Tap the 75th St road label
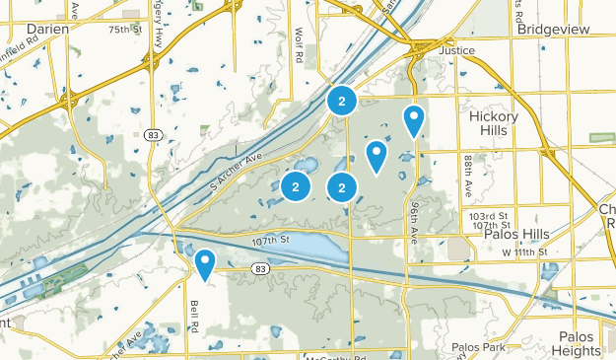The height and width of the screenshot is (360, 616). click(125, 31)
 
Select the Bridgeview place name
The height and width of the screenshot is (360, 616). click(553, 29)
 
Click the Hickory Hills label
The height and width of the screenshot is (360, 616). click(500, 123)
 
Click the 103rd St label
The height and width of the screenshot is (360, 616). click(489, 215)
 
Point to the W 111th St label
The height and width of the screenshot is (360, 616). click(522, 253)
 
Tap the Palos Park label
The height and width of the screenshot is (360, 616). click(477, 347)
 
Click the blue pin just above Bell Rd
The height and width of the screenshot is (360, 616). click(205, 263)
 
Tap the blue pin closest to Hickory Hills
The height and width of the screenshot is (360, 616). click(414, 120)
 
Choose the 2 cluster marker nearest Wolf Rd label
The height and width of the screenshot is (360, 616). click(341, 101)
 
